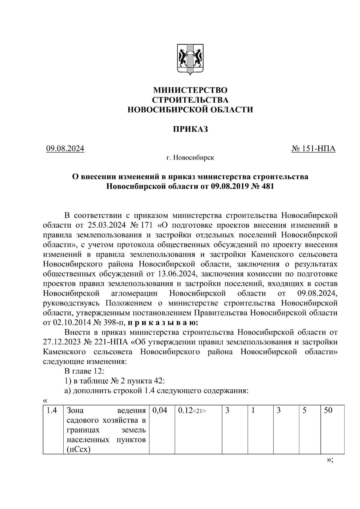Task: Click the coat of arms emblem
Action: pyautogui.click(x=190, y=59)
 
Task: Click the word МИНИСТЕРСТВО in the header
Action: pyautogui.click(x=190, y=90)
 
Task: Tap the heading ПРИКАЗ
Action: pyautogui.click(x=190, y=129)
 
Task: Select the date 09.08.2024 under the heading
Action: pyautogui.click(x=65, y=148)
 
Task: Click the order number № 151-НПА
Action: pyautogui.click(x=313, y=148)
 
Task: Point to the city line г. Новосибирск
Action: pyautogui.click(x=190, y=157)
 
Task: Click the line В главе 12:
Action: pyautogui.click(x=84, y=371)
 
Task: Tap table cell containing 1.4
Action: pyautogui.click(x=52, y=410)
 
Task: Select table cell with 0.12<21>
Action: pyautogui.click(x=192, y=410)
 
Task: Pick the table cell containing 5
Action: pyautogui.click(x=304, y=410)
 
